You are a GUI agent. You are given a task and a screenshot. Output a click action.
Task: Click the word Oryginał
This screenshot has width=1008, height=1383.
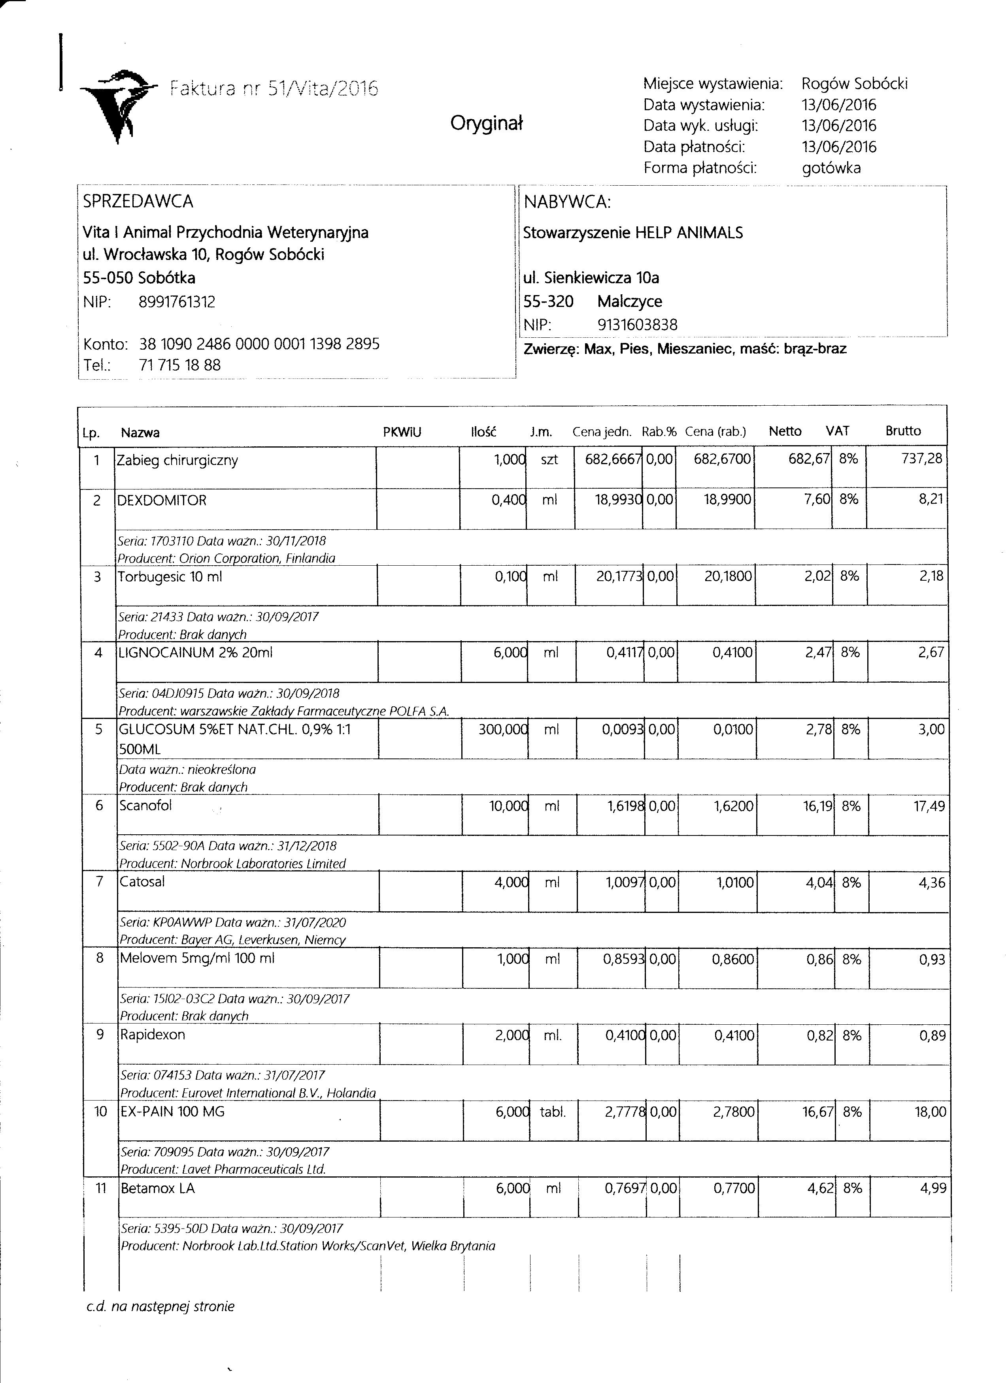coord(486,124)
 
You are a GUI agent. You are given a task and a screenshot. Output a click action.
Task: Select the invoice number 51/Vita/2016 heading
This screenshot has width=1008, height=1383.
coord(274,89)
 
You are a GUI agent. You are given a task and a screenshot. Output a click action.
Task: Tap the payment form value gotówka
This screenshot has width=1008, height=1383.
coord(831,168)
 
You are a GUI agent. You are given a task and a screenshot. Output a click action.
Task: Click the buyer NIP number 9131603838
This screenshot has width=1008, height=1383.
coord(637,325)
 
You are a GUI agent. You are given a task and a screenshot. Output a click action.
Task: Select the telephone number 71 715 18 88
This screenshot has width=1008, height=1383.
coord(180,365)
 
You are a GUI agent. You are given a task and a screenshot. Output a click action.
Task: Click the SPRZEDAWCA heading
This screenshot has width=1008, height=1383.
coord(138,201)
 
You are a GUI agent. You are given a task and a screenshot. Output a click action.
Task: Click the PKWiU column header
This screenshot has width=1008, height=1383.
coord(402,432)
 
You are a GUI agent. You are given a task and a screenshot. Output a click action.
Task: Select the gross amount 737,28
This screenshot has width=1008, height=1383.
coord(921,459)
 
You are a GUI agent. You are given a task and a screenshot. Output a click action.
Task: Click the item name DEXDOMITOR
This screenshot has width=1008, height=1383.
coord(162,501)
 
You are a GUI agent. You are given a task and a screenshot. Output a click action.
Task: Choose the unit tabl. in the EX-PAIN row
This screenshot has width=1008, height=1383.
coord(553,1112)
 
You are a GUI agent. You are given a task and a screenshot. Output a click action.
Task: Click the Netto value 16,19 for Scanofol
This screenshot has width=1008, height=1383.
coord(817,806)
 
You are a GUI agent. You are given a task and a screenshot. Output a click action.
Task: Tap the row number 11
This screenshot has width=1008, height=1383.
coord(101,1188)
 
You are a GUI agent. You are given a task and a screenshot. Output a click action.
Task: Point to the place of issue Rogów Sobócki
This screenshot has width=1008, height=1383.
coord(854,83)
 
